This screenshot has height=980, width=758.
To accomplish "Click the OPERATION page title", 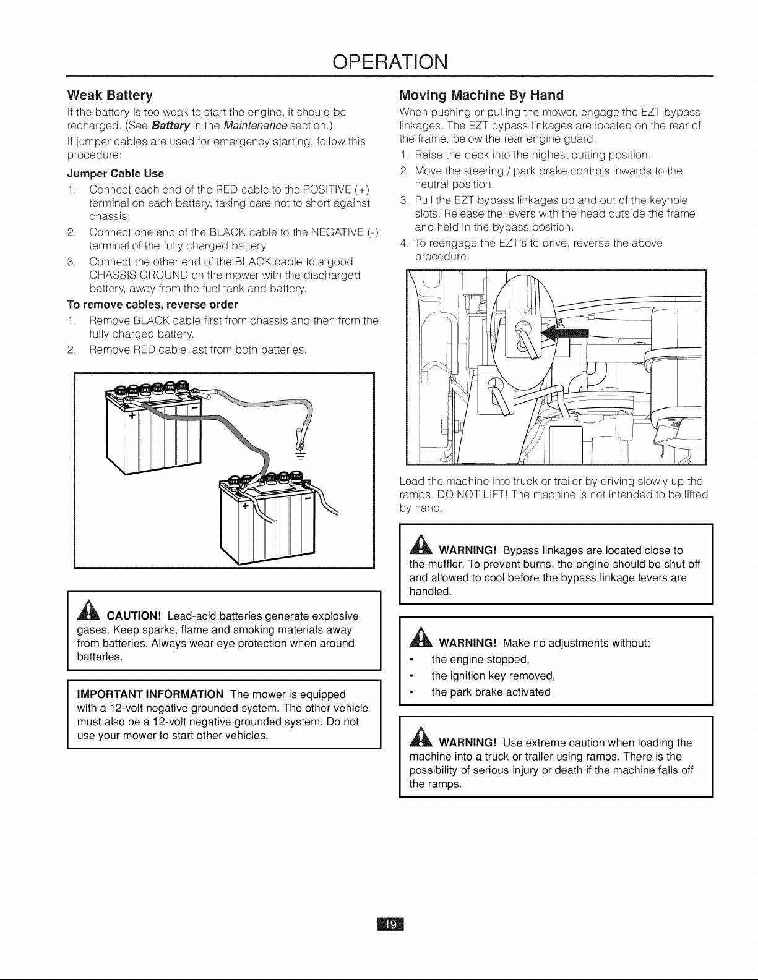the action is click(x=390, y=62).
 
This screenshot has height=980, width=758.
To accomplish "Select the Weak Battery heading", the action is click(x=110, y=95).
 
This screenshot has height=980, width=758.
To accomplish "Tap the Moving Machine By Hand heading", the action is click(x=481, y=95).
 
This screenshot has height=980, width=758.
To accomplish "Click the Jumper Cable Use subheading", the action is click(x=116, y=174).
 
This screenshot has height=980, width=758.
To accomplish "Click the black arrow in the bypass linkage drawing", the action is click(x=565, y=336).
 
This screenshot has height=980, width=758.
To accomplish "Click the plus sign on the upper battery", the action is click(x=132, y=416).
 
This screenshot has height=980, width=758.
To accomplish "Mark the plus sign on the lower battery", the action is click(x=245, y=506).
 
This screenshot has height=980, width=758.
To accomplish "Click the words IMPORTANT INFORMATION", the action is click(x=150, y=694).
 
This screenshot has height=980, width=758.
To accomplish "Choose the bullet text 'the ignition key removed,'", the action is click(x=493, y=676).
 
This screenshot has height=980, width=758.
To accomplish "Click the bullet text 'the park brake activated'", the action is click(x=491, y=692).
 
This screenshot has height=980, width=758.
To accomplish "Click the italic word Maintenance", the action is click(x=256, y=124).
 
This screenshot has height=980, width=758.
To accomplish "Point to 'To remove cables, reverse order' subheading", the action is click(x=152, y=305).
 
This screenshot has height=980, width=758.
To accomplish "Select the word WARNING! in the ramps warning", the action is click(x=468, y=743).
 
